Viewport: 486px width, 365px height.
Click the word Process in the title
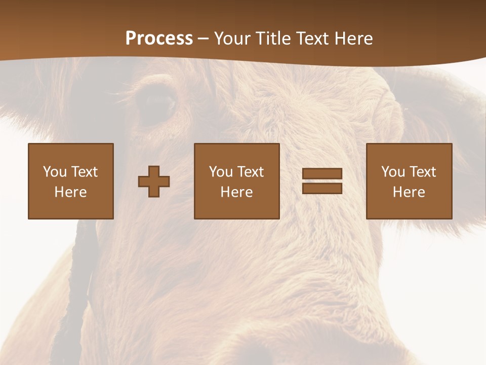pos(159,38)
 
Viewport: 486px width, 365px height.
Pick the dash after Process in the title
pos(203,39)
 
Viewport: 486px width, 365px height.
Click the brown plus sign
pos(154,181)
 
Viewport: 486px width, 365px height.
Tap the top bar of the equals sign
pos(322,174)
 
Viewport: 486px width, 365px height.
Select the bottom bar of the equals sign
pos(322,188)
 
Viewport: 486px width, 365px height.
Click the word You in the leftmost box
pos(54,172)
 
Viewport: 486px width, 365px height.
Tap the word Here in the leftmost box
pos(70,192)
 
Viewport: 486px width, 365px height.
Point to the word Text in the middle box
pos(251,172)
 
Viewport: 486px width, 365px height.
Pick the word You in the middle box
pos(220,172)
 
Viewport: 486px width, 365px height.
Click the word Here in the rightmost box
pos(409,192)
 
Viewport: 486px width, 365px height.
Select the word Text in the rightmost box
pos(423,172)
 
